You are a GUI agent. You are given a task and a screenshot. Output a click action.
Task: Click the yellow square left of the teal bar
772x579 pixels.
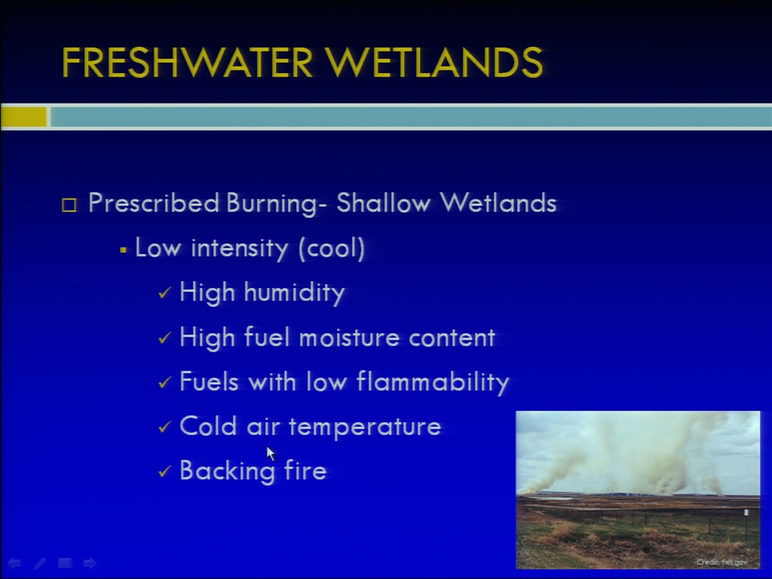23,117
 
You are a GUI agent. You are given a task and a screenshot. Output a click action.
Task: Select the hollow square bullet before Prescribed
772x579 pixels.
69,205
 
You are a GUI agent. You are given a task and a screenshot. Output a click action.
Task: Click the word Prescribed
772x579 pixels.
153,203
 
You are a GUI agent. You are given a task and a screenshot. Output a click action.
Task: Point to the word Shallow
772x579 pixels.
383,203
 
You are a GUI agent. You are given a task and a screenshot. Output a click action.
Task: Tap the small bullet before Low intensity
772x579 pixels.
123,250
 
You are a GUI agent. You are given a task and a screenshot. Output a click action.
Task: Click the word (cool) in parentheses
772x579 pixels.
331,248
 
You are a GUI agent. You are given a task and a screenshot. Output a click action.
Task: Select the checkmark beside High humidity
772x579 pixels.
164,293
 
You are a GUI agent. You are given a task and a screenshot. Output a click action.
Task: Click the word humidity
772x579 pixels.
294,293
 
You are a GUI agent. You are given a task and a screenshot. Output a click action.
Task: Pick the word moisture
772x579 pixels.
348,338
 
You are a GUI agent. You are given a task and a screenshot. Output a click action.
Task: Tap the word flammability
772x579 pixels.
433,381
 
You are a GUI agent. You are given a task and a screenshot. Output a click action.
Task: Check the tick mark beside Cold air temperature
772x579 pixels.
164,426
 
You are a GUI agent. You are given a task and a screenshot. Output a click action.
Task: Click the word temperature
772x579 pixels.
364,426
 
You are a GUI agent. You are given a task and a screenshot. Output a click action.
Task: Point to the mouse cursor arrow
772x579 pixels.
270,454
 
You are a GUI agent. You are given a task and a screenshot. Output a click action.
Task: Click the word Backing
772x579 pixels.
227,470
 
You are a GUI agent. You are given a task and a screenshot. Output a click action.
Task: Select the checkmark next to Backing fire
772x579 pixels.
164,471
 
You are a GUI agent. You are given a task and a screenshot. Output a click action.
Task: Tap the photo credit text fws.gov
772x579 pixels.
734,562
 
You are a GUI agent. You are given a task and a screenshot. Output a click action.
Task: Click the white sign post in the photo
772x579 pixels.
746,513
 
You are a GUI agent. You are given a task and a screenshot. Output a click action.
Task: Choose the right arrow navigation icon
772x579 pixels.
89,563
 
